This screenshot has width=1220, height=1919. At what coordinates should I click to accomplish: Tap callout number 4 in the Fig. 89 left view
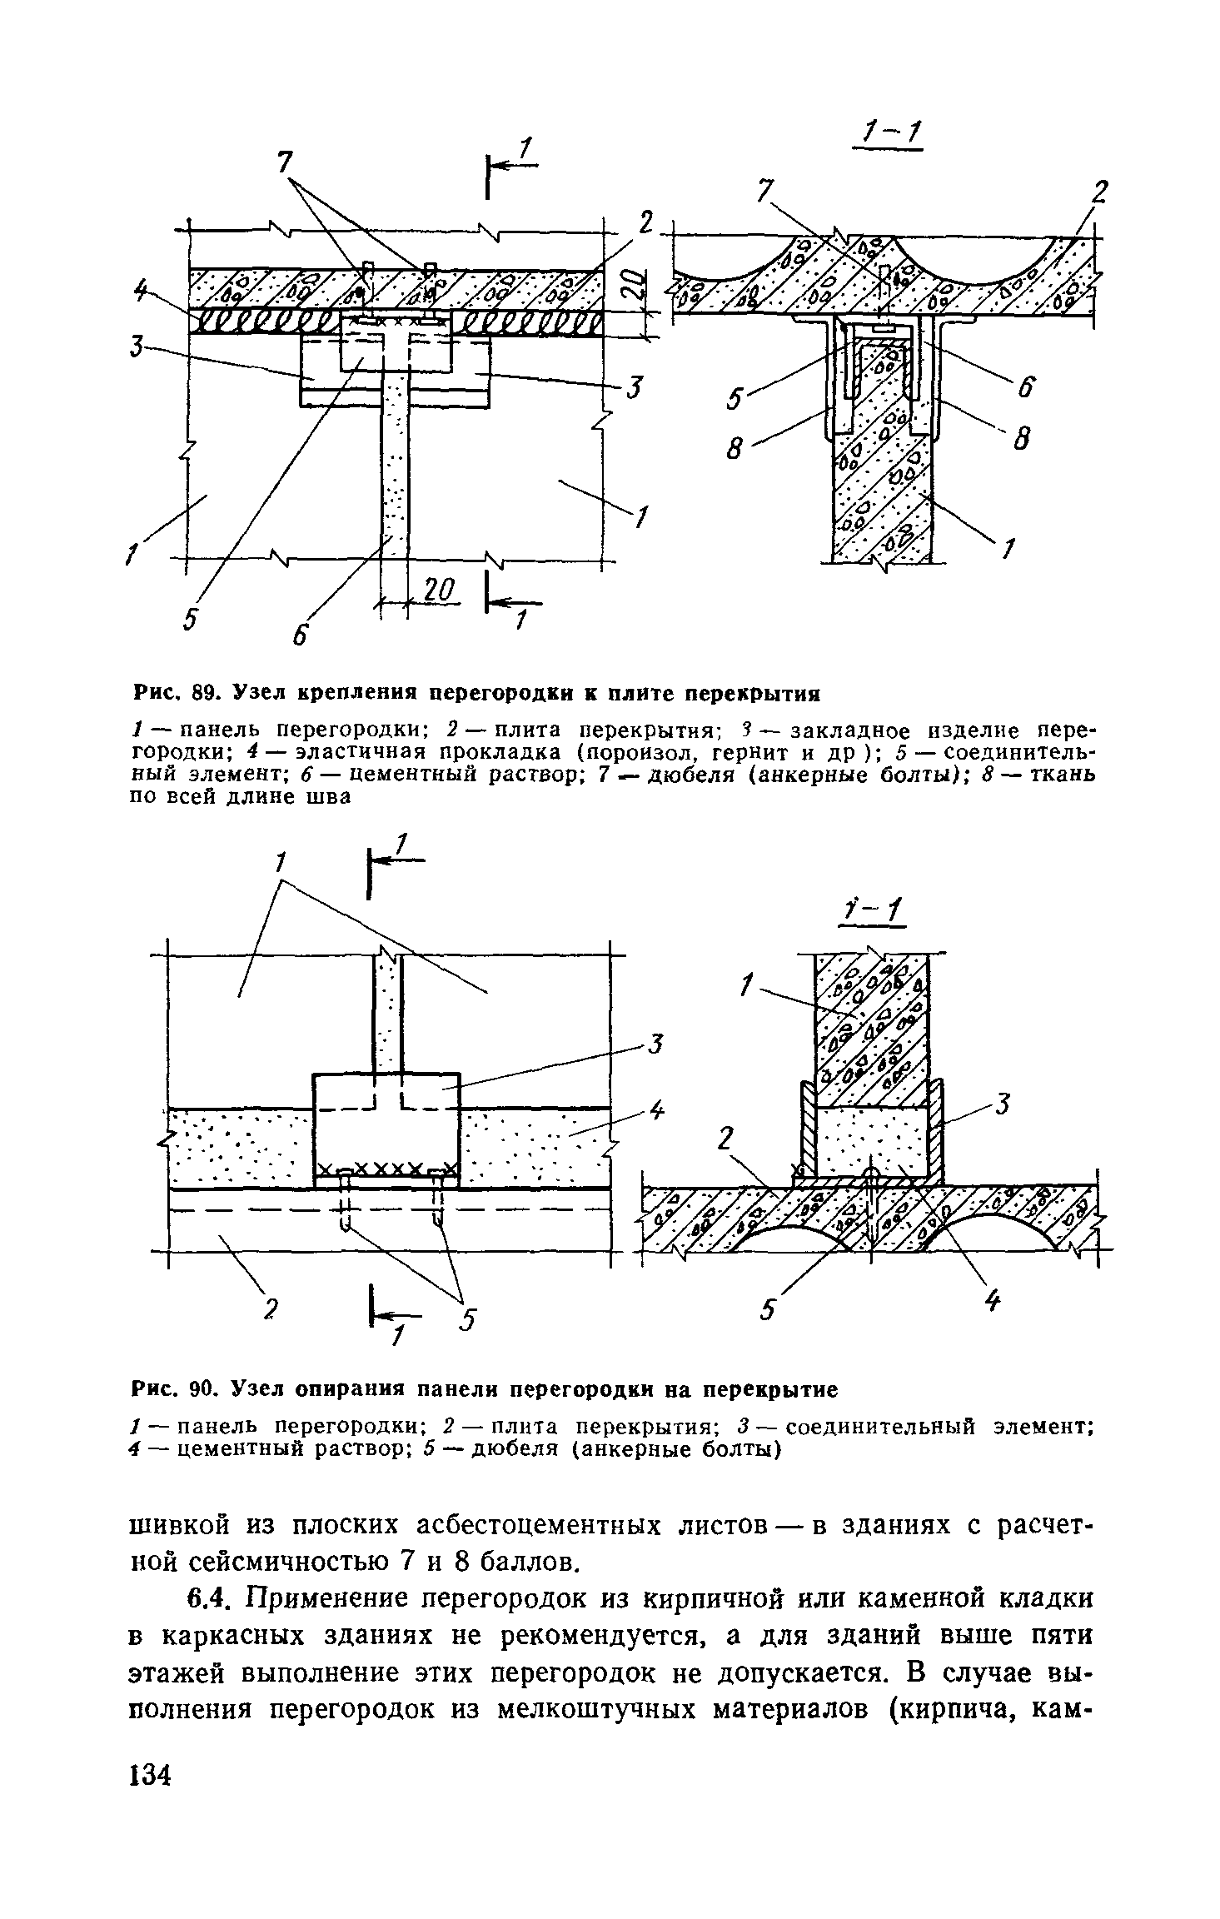pos(141,291)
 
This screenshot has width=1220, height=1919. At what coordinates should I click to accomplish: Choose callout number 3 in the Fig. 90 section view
pos(1003,1106)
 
